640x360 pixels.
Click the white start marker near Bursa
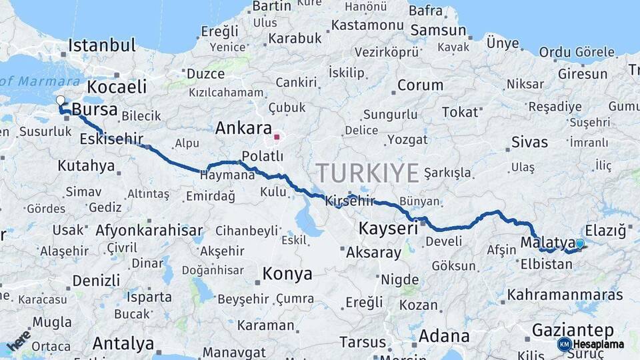pos(61,101)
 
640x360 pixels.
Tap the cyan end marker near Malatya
pos(580,244)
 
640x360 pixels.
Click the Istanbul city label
pos(102,46)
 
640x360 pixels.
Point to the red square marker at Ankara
pos(277,137)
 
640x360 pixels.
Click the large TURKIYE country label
pos(368,173)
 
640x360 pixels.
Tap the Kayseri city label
pos(388,229)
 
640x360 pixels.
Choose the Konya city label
pos(287,274)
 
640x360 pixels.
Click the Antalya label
pos(123,344)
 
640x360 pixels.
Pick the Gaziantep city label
pos(573,330)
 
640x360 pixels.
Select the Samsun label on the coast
pos(438,31)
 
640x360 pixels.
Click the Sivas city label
pos(529,142)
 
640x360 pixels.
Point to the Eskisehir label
pos(111,139)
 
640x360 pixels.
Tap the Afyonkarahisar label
pos(149,231)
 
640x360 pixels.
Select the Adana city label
pos(444,335)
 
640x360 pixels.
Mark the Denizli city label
pos(96,279)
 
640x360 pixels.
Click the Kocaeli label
pos(117,87)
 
